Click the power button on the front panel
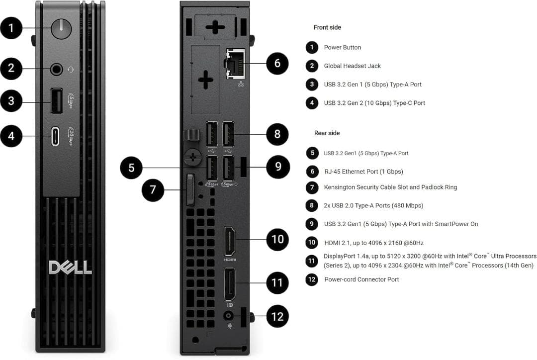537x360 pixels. point(61,29)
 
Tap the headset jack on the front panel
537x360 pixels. point(56,69)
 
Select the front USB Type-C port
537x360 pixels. point(56,136)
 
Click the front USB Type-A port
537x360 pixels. point(56,101)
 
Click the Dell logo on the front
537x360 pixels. point(70,267)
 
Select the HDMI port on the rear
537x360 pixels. point(230,242)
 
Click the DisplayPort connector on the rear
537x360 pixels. point(230,284)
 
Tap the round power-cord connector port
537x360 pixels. point(229,316)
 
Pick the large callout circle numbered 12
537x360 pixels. point(277,316)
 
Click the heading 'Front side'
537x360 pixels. point(327,27)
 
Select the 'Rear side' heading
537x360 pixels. point(327,133)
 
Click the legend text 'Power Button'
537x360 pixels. point(342,48)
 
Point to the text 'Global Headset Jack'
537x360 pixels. point(352,66)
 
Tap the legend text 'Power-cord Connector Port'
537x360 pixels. point(361,279)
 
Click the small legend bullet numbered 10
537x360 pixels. point(312,243)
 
